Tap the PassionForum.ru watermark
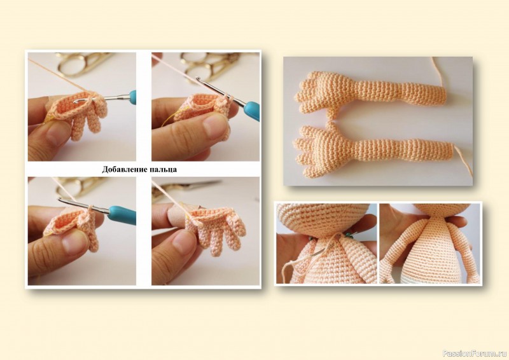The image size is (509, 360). pos(475,353)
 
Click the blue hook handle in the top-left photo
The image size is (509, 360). pos(133,97)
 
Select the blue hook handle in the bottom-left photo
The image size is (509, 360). pos(122,214)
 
